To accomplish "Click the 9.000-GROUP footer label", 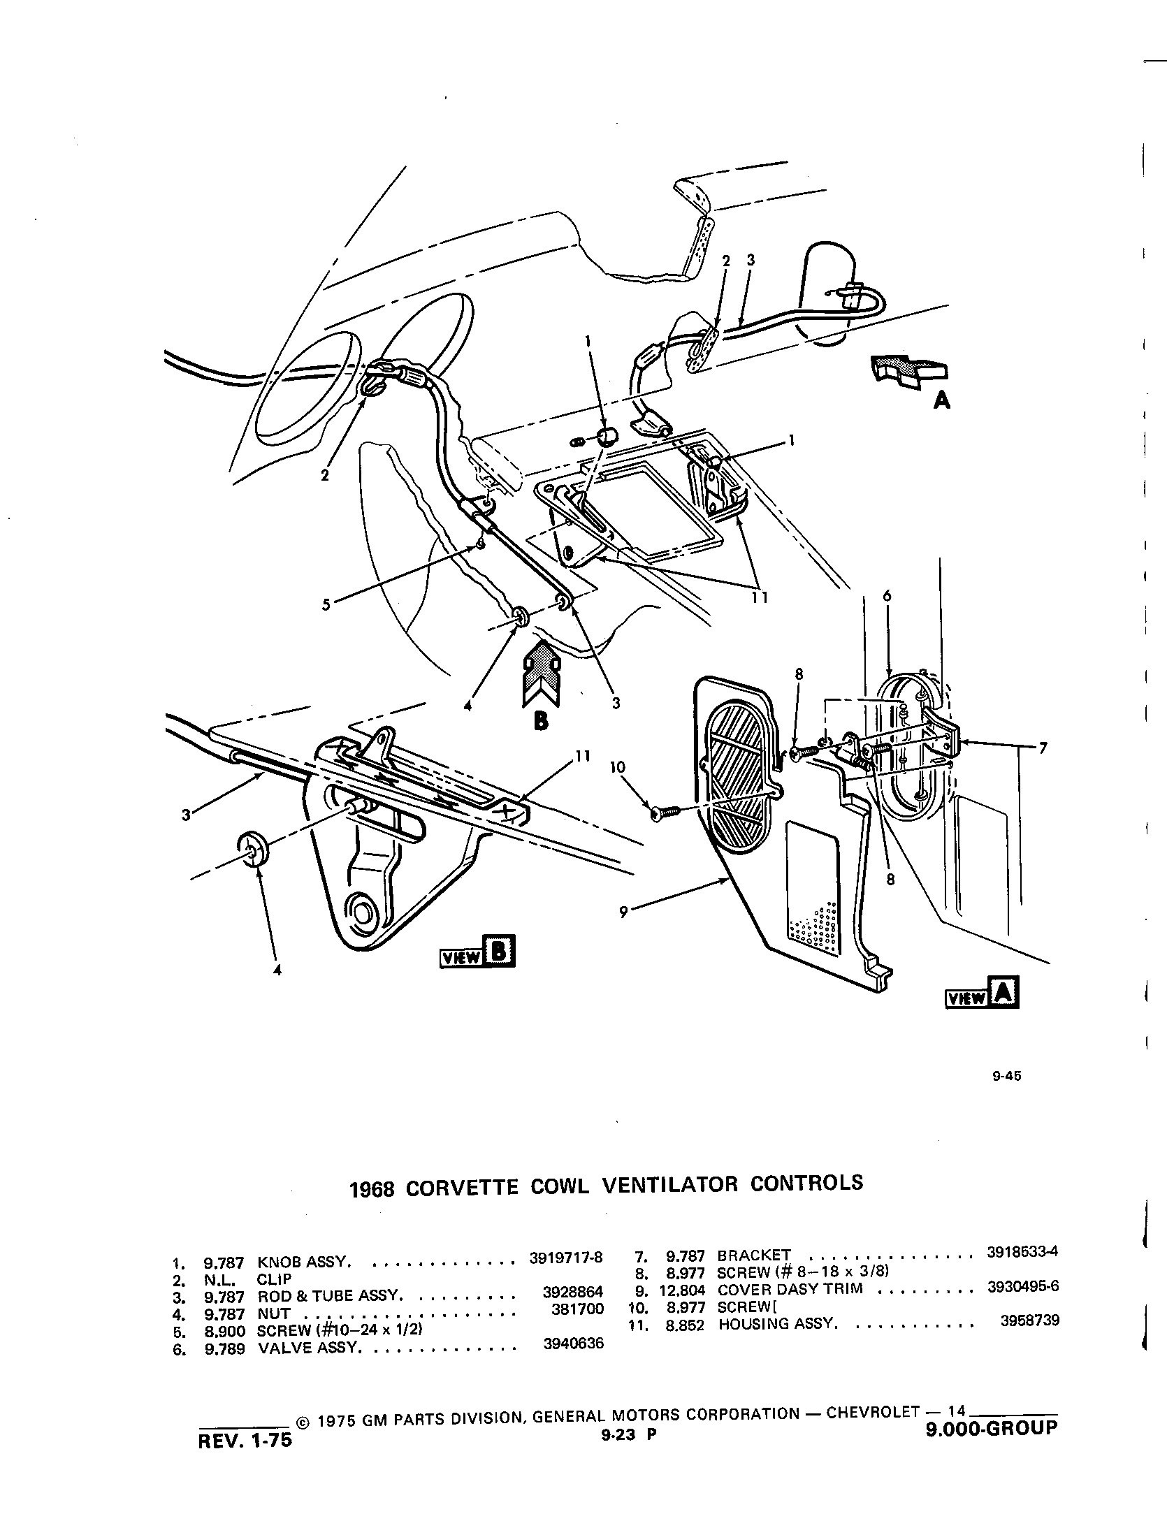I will point(992,1429).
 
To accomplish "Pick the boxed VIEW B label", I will point(477,952).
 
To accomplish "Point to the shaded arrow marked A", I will point(908,370).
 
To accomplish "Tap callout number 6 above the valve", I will point(887,596).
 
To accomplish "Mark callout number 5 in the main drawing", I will point(326,604).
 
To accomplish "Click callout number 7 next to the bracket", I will point(1042,748).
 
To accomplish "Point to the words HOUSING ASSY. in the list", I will point(776,1323).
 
